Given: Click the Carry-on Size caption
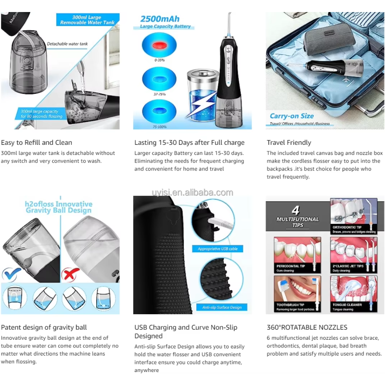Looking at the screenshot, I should pos(292,116).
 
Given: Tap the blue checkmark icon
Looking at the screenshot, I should pos(11,274).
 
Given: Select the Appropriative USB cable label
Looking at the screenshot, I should pos(218,249).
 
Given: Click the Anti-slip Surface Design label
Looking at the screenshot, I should pos(222,307).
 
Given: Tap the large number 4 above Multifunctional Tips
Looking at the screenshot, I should pos(296,210).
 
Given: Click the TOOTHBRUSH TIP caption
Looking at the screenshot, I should pos(291,305).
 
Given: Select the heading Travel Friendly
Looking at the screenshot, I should pos(289,142).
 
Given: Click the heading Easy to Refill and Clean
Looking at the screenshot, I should pos(37,142).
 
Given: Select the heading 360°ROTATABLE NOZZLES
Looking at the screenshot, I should pos(307,327).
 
